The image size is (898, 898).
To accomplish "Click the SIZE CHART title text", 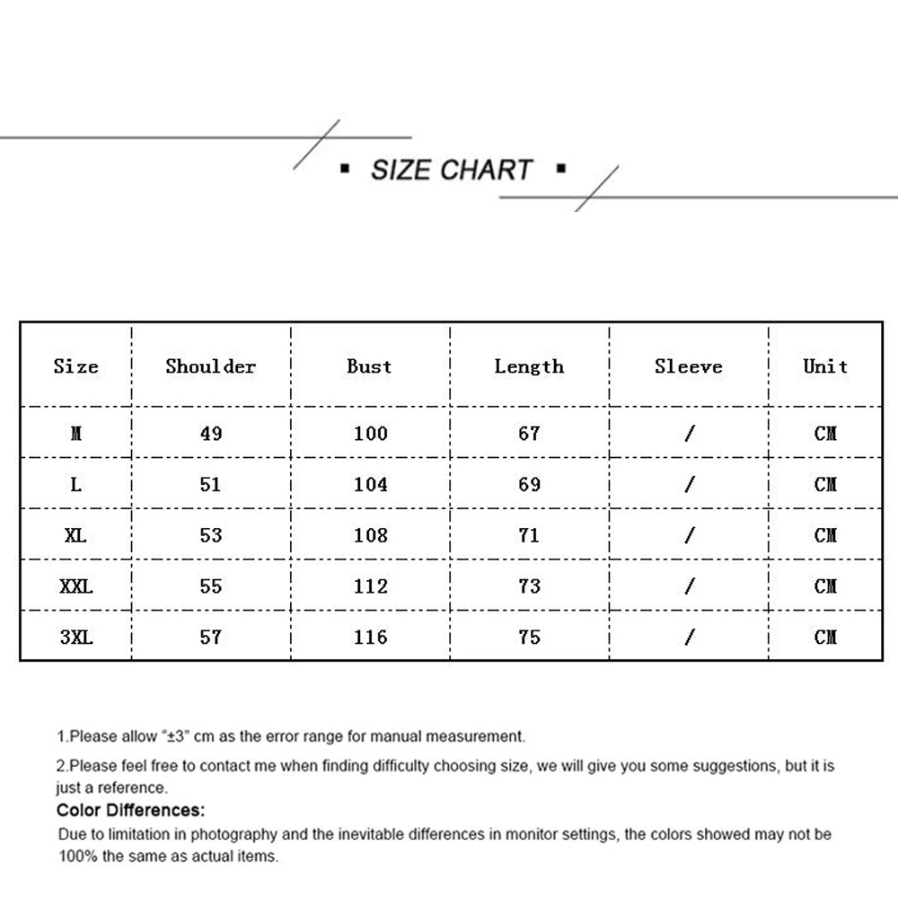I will click(x=452, y=170).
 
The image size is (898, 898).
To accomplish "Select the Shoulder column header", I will click(x=211, y=366).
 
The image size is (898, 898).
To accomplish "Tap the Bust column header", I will click(x=369, y=366).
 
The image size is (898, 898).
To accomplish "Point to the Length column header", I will click(x=529, y=366).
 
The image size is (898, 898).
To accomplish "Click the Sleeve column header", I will click(x=688, y=366).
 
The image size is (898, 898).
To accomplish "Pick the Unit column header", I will click(x=825, y=366).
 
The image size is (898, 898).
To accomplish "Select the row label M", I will click(x=76, y=434).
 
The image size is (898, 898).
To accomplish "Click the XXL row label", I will click(x=76, y=586).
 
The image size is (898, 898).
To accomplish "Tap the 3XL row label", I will click(x=76, y=638).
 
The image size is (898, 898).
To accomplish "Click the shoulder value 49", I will click(x=211, y=434).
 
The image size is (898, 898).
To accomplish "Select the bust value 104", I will click(x=370, y=485).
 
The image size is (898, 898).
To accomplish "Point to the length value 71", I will click(x=529, y=536).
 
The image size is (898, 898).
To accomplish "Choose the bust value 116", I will click(x=370, y=638).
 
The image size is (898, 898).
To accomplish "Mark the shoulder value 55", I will click(x=211, y=586).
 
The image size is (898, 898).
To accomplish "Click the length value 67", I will click(x=529, y=434).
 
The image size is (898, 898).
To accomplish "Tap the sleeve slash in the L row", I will click(x=689, y=485).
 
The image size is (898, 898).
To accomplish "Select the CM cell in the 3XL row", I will click(x=825, y=638).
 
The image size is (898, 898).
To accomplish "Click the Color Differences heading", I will click(x=131, y=811).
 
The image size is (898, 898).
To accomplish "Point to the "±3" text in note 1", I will click(x=175, y=737).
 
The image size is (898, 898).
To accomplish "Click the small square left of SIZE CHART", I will click(x=345, y=169).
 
